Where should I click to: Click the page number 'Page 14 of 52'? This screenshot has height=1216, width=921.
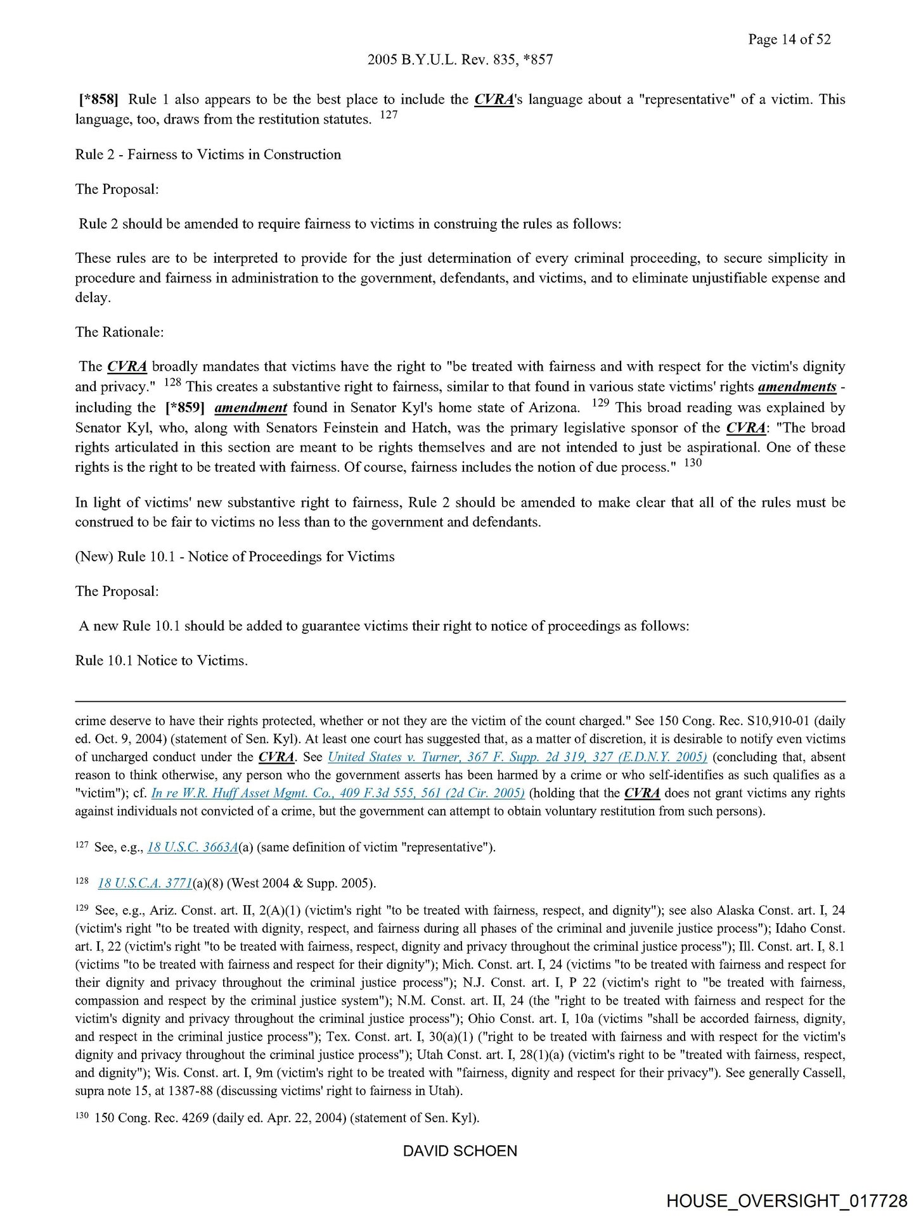(x=789, y=39)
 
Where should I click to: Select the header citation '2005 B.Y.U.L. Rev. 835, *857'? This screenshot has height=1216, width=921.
(x=460, y=60)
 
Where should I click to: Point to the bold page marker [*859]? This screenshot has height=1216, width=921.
(x=184, y=407)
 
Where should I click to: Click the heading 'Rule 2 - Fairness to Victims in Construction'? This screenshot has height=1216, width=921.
(x=208, y=155)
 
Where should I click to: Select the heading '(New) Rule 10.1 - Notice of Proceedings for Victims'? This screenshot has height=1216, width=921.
(x=235, y=557)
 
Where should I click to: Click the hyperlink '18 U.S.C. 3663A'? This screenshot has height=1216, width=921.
(x=192, y=847)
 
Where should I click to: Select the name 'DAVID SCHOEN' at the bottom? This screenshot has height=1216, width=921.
(x=460, y=1151)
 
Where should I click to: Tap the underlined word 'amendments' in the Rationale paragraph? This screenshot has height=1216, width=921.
(x=797, y=387)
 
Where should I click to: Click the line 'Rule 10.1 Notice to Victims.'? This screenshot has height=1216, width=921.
(x=161, y=661)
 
